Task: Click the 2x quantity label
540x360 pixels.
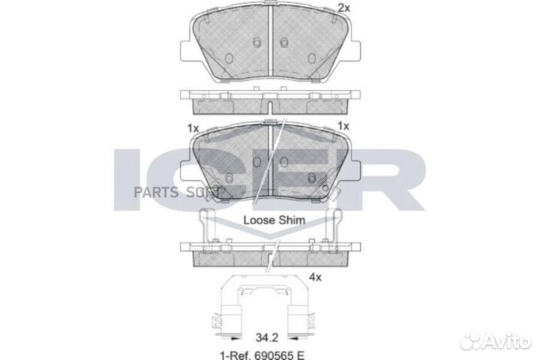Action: [x=344, y=8]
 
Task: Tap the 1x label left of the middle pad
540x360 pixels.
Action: [x=193, y=128]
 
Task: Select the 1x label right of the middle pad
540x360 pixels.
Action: [x=344, y=126]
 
